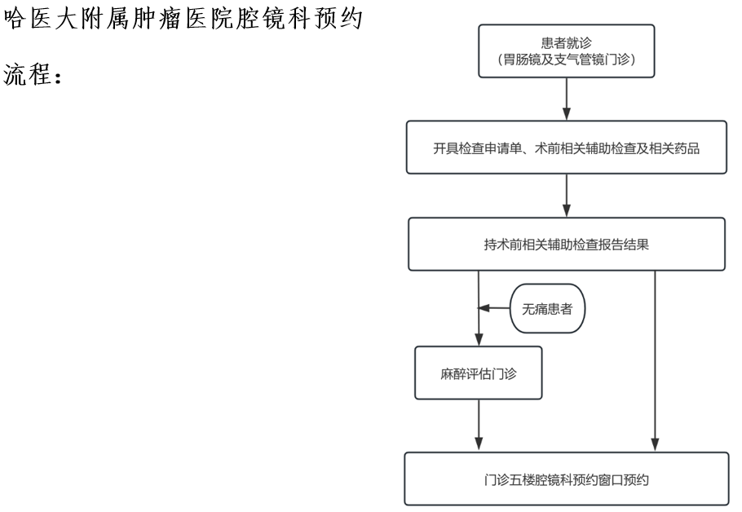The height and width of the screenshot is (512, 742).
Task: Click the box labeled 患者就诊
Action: click(567, 51)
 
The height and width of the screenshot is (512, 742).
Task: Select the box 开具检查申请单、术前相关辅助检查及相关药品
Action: click(567, 148)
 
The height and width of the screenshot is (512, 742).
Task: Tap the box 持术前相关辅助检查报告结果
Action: click(567, 244)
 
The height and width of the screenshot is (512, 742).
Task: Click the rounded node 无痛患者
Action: click(547, 308)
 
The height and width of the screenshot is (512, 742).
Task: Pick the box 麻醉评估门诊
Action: click(479, 373)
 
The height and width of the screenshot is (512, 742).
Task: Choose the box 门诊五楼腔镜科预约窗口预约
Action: click(567, 479)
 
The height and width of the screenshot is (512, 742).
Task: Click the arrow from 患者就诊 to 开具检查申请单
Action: click(567, 99)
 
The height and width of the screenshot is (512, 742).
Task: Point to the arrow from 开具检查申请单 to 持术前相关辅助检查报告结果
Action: click(567, 196)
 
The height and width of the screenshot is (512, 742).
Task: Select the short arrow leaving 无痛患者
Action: click(494, 308)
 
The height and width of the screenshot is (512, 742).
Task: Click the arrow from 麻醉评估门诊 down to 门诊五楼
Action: click(479, 425)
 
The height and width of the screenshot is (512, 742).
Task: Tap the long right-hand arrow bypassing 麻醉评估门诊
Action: click(655, 360)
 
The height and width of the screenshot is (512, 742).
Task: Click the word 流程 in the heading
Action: click(27, 74)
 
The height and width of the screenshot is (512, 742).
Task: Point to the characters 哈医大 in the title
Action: click(41, 19)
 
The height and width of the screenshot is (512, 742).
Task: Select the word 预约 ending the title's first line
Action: click(339, 19)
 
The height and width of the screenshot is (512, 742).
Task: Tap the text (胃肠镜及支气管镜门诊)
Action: click(567, 60)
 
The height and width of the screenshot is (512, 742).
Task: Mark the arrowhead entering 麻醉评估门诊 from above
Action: click(479, 340)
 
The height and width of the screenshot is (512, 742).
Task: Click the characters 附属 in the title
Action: click(105, 19)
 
